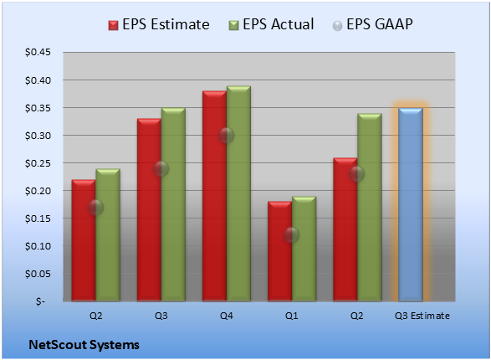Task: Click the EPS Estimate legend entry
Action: [x=159, y=25]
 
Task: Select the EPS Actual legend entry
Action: [x=271, y=25]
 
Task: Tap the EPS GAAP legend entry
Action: [x=372, y=25]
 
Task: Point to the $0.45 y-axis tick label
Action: [x=38, y=52]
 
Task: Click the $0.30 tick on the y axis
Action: [x=38, y=136]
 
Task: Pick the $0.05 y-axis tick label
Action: [x=38, y=274]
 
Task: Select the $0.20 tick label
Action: [x=38, y=191]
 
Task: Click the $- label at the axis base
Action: [x=40, y=301]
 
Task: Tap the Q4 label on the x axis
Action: [x=227, y=316]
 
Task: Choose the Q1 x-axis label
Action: [x=292, y=316]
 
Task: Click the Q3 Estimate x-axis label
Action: [x=422, y=316]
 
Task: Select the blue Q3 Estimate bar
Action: [x=411, y=204]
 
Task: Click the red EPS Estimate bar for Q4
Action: [x=214, y=196]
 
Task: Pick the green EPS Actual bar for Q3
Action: [x=173, y=204]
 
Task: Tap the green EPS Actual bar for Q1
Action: [x=304, y=249]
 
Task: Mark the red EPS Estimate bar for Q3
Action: [x=149, y=210]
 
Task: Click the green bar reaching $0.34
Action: [x=370, y=208]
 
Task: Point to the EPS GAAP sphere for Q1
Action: [x=292, y=235]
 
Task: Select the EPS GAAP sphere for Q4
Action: [x=227, y=136]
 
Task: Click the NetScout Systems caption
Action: [x=84, y=345]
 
